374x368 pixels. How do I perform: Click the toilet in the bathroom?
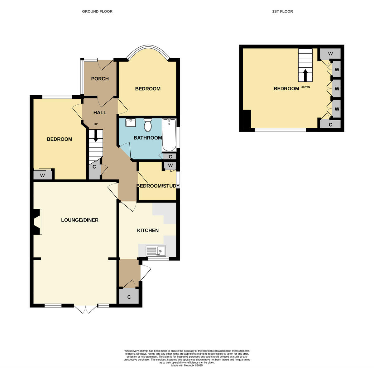(148, 125)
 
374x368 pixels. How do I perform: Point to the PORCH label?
(100, 79)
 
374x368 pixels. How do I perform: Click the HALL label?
(100, 112)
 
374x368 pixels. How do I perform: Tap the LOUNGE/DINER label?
(80, 220)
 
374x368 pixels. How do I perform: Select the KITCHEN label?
(148, 231)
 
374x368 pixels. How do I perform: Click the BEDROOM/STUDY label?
(158, 186)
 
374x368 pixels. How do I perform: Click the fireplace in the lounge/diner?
(36, 222)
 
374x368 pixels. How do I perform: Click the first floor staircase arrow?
(305, 75)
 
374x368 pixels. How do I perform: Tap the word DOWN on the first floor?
(305, 87)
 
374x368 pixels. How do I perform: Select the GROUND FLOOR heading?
(97, 12)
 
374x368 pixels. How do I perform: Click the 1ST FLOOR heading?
(282, 12)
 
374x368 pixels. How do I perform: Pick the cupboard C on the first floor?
(330, 125)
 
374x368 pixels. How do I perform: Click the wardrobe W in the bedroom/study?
(170, 165)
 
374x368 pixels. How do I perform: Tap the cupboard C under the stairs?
(94, 167)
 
